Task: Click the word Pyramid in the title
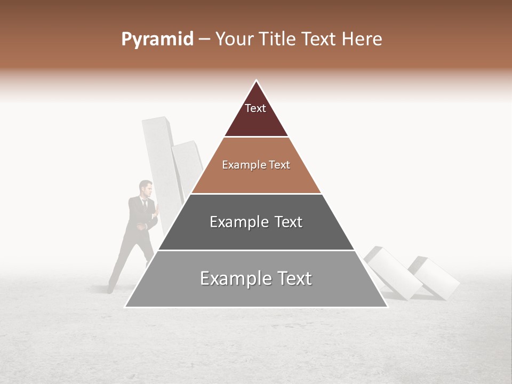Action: tap(157, 39)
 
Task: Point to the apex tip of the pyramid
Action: tap(256, 81)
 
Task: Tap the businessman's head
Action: tap(146, 188)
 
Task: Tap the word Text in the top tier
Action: tap(255, 108)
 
